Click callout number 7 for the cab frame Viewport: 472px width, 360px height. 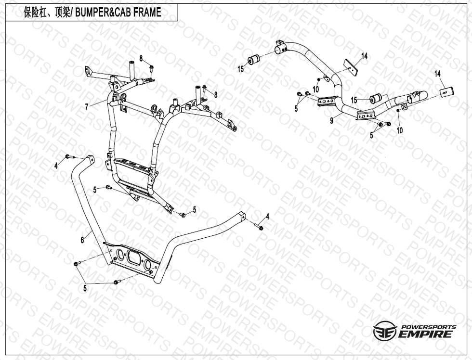click(87, 107)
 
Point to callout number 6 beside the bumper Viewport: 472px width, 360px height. click(82, 240)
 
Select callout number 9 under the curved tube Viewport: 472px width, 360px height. click(331, 121)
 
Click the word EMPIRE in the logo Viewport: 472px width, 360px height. click(426, 334)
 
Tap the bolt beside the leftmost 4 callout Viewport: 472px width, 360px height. click(69, 156)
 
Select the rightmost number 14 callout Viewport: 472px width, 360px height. click(437, 73)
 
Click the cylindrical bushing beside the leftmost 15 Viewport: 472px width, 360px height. click(254, 59)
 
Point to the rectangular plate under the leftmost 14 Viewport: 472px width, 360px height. click(350, 67)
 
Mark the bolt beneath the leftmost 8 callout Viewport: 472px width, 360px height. click(151, 68)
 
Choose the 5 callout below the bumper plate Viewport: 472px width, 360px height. click(85, 288)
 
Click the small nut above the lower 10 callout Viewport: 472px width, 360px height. click(398, 110)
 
